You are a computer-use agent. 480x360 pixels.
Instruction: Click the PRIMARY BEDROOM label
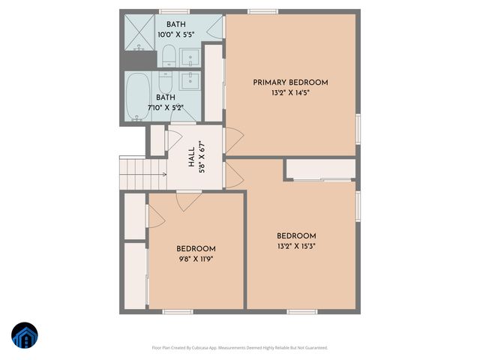tap(290, 82)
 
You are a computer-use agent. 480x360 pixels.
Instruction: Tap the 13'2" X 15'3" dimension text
tap(296, 245)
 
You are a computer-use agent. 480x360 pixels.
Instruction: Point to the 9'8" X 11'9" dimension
tap(196, 259)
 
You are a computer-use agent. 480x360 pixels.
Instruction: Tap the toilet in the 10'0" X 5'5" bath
tap(169, 55)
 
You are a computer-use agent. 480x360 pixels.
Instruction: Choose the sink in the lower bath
tap(190, 80)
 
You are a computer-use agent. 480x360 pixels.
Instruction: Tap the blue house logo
tap(25, 337)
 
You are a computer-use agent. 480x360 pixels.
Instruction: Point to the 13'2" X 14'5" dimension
tap(290, 93)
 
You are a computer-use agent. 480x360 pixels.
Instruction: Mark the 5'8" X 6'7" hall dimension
tap(202, 160)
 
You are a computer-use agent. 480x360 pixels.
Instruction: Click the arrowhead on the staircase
tap(163, 175)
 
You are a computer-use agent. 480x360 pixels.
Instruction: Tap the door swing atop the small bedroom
tap(187, 201)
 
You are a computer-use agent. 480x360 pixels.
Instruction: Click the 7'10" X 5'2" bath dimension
tap(166, 107)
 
